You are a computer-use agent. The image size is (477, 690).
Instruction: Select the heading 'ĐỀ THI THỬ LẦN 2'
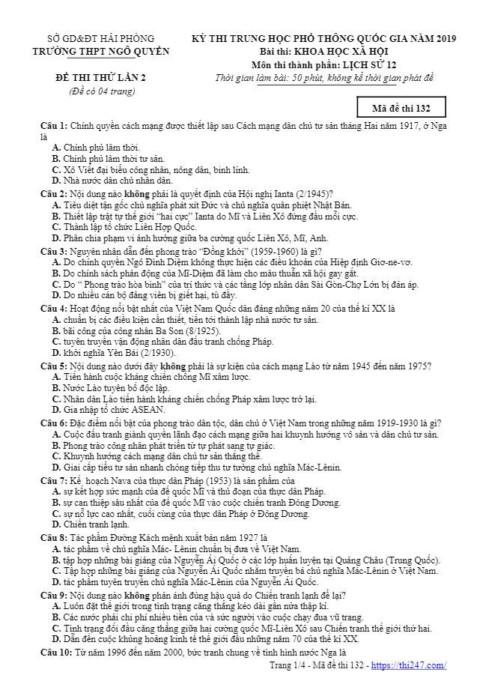coord(100,78)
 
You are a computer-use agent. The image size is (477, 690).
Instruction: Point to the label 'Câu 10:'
coord(56,653)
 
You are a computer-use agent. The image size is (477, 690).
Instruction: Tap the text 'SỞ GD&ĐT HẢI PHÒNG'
coord(100,38)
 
